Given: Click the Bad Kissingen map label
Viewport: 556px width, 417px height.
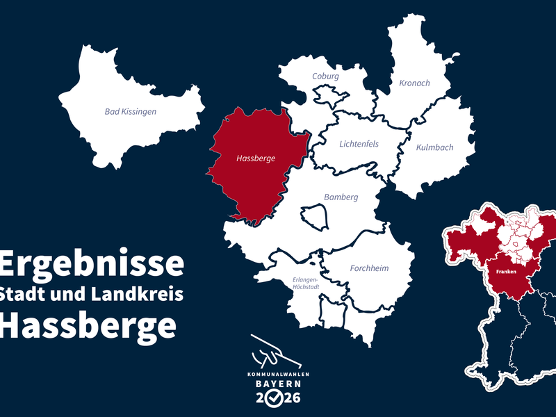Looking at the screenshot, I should tap(131, 111).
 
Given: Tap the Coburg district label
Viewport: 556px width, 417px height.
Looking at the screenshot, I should tap(325, 76).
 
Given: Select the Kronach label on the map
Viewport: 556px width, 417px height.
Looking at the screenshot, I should tap(414, 83).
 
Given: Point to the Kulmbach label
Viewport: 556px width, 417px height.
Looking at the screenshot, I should tap(434, 147).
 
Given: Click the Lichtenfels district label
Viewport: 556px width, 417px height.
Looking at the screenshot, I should tap(359, 145).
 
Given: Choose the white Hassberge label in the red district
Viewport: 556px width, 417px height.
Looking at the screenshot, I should tap(256, 158).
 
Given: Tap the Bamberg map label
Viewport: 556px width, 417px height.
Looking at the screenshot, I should tap(341, 197).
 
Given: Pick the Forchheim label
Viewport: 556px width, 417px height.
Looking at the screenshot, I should tap(369, 268).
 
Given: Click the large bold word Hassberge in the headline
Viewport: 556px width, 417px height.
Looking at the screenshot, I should tap(87, 325).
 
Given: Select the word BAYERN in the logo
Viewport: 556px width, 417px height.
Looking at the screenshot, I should tap(277, 384).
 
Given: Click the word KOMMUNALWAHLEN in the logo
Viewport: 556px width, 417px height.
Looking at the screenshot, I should tap(277, 375).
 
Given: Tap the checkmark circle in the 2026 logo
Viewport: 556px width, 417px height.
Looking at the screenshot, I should tap(277, 398).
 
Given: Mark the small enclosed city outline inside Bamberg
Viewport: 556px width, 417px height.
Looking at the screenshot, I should tap(314, 215).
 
